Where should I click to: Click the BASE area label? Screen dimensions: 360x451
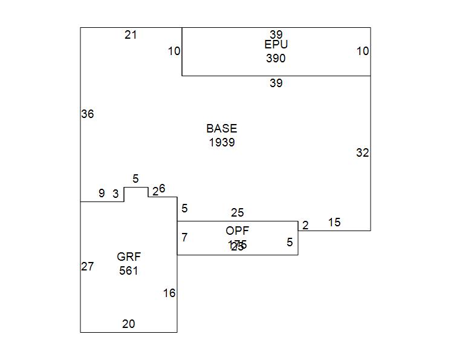click(221, 128)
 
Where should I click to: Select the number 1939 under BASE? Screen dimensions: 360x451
click(221, 143)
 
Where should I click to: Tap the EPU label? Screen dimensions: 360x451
click(276, 45)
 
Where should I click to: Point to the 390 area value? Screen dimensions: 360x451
click(276, 59)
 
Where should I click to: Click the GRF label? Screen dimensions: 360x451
click(129, 257)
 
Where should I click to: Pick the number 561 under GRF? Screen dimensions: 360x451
click(129, 270)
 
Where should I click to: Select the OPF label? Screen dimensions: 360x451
click(237, 231)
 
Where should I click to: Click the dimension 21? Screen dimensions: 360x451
click(131, 35)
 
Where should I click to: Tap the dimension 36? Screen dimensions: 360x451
click(88, 114)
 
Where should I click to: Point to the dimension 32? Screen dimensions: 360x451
click(362, 153)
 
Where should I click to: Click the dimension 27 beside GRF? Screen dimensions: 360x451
click(88, 266)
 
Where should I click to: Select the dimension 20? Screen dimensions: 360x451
click(129, 324)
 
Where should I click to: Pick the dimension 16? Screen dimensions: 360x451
click(169, 293)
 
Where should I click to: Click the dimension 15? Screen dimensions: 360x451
click(334, 223)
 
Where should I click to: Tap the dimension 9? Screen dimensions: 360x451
click(102, 194)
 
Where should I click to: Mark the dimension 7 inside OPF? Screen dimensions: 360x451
click(184, 237)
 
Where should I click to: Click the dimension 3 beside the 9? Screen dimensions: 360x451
click(115, 194)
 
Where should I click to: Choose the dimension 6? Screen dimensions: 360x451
click(162, 189)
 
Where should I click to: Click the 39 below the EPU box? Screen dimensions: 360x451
click(276, 83)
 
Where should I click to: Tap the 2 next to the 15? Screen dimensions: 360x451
click(305, 226)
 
